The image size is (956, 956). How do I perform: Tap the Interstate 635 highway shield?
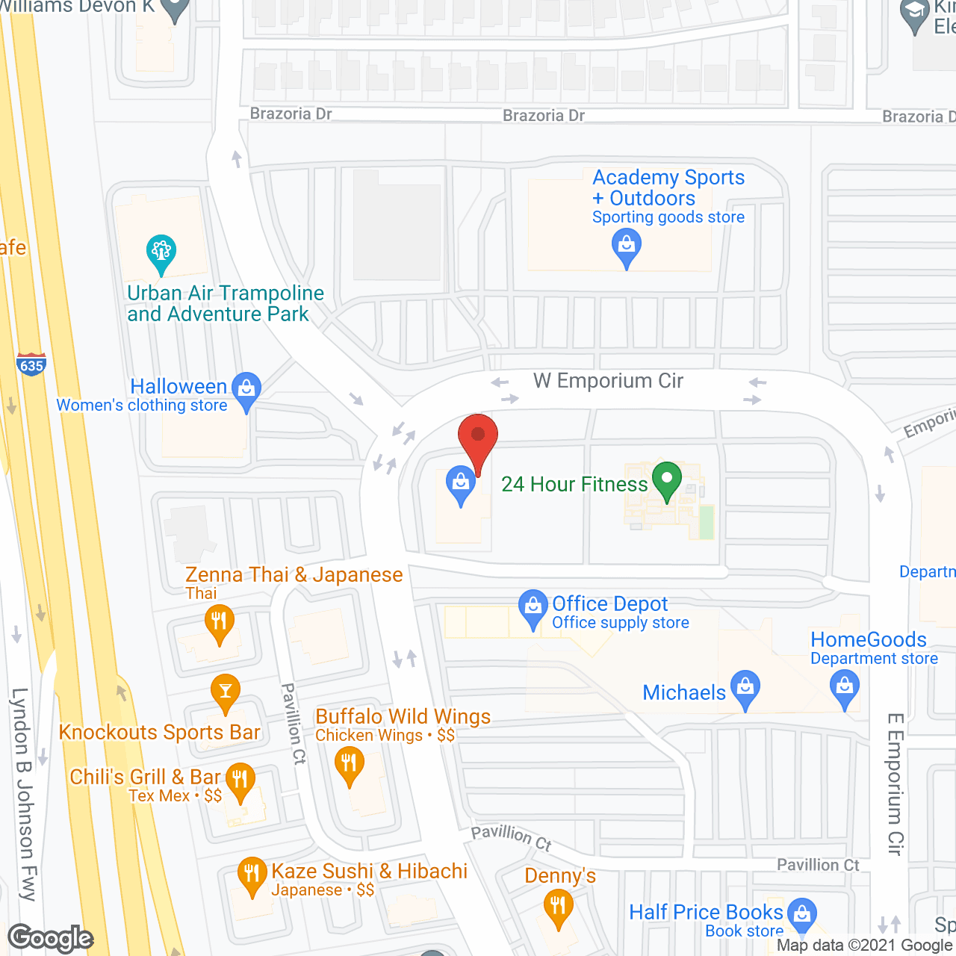click(x=31, y=364)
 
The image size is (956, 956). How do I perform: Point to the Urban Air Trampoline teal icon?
click(x=161, y=254)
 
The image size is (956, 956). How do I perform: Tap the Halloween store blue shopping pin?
click(x=246, y=391)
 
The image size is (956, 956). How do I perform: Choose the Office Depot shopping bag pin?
click(x=533, y=609)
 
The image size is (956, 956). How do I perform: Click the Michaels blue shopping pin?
click(x=745, y=689)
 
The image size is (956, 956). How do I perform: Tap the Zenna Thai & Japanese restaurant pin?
click(x=219, y=624)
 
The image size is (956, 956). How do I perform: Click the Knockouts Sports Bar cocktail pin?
click(x=225, y=692)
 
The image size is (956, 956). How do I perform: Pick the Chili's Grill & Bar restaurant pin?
click(x=240, y=781)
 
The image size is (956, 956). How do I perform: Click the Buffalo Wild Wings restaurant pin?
click(x=349, y=766)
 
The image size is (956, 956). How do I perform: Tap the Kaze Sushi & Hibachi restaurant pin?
click(x=252, y=876)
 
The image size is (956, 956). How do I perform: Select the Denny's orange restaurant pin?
click(x=558, y=909)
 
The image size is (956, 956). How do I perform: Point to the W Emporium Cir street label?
click(x=608, y=381)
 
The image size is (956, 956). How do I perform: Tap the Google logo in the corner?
click(x=51, y=938)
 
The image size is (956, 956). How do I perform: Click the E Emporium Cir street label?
click(x=896, y=784)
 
